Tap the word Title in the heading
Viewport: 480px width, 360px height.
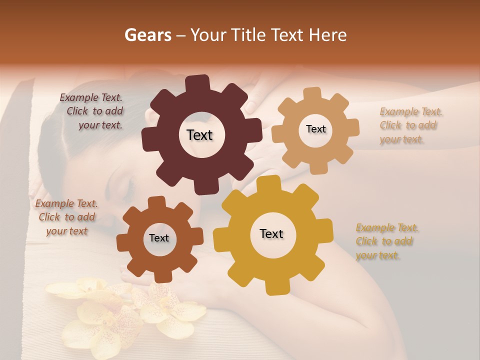(248, 35)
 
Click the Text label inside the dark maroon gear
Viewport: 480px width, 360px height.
(199, 135)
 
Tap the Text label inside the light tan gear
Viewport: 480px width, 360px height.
(315, 129)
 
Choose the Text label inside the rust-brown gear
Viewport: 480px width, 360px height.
(159, 238)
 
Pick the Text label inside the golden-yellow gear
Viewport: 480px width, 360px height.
(271, 233)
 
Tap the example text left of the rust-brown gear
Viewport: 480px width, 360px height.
(66, 217)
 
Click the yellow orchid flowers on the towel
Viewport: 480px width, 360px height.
(125, 310)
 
